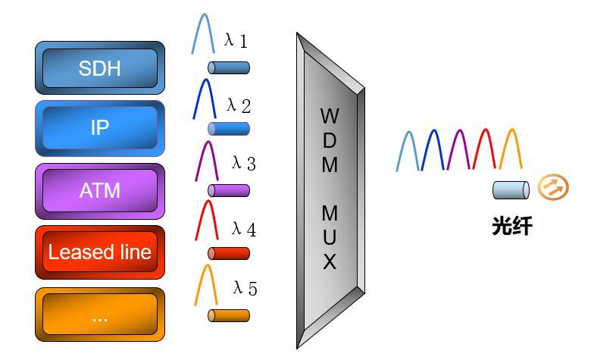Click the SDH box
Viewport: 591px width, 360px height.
pyautogui.click(x=100, y=68)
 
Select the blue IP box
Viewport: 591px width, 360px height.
pyautogui.click(x=100, y=128)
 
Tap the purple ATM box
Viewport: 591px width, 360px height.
pyautogui.click(x=100, y=190)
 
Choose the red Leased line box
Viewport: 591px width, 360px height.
pyautogui.click(x=100, y=252)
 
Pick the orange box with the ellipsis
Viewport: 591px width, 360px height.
pyautogui.click(x=100, y=315)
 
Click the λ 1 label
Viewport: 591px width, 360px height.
pyautogui.click(x=236, y=41)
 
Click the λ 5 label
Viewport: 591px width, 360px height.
pyautogui.click(x=245, y=288)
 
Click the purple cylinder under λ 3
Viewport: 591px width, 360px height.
pyautogui.click(x=229, y=190)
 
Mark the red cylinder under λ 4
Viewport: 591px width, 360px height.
pyautogui.click(x=229, y=253)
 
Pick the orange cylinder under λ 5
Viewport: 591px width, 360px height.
pyautogui.click(x=229, y=315)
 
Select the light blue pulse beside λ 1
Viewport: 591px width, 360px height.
pyautogui.click(x=202, y=34)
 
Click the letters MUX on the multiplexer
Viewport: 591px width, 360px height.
pyautogui.click(x=330, y=238)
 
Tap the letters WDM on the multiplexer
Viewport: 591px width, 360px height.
pyautogui.click(x=330, y=140)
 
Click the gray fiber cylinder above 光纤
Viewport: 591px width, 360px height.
pyautogui.click(x=510, y=189)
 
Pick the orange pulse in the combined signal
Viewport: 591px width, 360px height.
pyautogui.click(x=511, y=149)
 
